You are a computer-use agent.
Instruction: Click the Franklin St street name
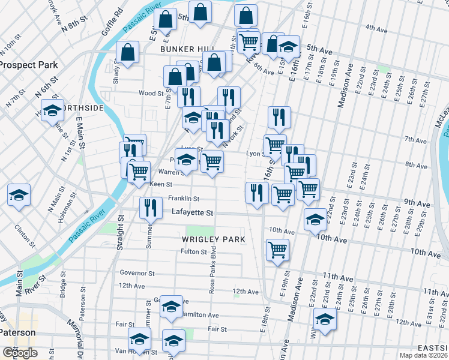click(183, 198)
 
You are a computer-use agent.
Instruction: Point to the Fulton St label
click(194, 251)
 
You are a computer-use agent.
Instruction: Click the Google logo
click(20, 352)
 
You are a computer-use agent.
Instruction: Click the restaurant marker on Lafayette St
click(151, 208)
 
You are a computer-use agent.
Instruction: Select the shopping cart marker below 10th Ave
click(277, 250)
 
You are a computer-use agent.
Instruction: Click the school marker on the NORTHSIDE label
click(53, 111)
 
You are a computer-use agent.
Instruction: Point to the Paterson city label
click(17, 332)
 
